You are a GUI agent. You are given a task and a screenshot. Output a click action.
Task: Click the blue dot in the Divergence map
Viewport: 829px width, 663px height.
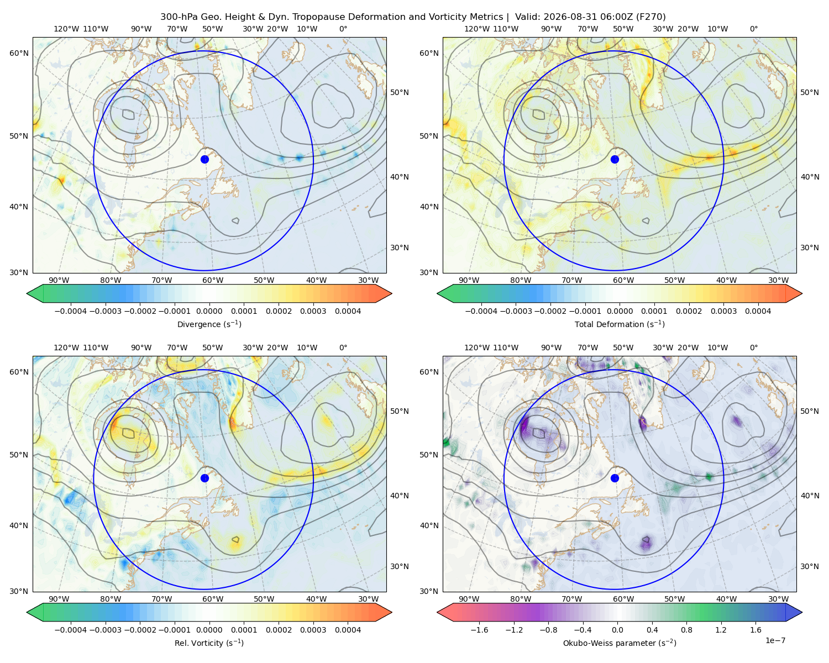point(204,159)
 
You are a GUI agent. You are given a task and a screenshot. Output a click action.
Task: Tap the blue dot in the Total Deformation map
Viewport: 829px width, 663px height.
point(615,159)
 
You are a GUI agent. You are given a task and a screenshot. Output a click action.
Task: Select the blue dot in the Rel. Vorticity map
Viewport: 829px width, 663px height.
point(204,478)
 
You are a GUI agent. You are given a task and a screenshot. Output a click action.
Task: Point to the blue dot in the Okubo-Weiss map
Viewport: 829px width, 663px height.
point(615,478)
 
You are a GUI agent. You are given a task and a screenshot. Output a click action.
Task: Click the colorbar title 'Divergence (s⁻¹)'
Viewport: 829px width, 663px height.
point(209,324)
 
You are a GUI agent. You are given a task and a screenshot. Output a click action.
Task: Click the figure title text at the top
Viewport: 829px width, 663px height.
point(413,17)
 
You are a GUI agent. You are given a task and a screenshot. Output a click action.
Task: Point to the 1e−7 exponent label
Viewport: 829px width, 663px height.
point(775,640)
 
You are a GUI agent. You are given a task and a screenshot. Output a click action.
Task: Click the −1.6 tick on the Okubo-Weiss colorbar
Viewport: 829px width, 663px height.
point(480,630)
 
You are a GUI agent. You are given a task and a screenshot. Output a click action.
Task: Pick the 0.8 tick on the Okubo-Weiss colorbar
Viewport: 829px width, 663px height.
point(686,630)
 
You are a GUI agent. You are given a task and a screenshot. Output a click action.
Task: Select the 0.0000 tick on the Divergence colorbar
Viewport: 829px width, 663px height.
point(209,311)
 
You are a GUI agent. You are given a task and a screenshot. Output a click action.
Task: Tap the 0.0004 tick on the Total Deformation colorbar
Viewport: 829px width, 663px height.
point(758,311)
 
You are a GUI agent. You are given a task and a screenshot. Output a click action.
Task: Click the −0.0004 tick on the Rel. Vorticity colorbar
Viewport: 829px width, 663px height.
point(71,630)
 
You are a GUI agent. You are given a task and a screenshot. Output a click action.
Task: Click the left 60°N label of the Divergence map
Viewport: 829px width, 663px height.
point(19,53)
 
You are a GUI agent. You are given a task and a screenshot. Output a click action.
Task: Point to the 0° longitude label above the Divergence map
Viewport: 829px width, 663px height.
point(343,29)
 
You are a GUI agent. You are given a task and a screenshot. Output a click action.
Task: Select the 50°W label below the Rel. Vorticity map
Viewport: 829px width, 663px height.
point(264,599)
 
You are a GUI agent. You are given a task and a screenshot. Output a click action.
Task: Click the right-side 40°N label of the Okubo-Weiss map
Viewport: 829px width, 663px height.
point(810,496)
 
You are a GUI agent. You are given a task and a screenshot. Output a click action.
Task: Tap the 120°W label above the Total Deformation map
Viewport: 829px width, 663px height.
point(477,29)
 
